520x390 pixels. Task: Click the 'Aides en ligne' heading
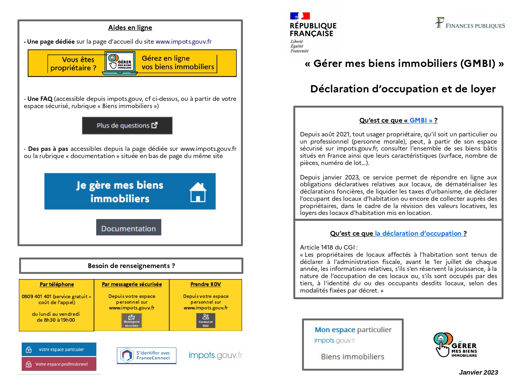click(130, 28)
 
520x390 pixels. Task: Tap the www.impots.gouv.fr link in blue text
click(183, 41)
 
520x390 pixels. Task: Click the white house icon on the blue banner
click(198, 192)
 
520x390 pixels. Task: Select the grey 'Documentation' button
click(129, 228)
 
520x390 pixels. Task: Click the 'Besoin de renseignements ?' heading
click(131, 266)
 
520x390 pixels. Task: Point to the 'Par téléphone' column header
click(57, 284)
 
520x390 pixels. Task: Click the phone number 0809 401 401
click(36, 296)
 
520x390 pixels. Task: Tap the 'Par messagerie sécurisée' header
click(132, 284)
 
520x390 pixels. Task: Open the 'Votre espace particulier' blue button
click(59, 349)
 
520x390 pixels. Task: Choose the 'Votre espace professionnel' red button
click(59, 364)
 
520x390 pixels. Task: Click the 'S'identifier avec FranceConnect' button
click(147, 355)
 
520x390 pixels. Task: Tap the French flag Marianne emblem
click(300, 16)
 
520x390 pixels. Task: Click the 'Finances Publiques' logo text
click(475, 26)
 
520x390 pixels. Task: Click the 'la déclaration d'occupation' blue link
click(418, 233)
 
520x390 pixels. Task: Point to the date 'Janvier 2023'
click(478, 372)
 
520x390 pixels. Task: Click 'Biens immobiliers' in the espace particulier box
click(352, 357)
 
